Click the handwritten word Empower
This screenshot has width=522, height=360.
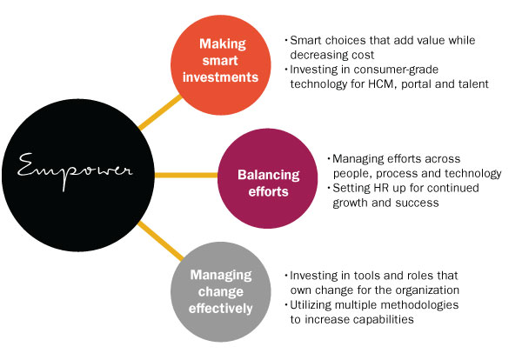[75, 171]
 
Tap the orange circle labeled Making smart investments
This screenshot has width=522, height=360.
[221, 65]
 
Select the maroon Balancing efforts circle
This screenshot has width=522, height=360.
[268, 178]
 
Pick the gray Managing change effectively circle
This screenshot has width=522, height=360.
[221, 291]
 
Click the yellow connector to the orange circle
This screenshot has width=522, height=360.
[160, 112]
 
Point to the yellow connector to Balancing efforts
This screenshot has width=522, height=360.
[186, 175]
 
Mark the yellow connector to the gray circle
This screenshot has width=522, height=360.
[160, 241]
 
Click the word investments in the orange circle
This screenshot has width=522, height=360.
[220, 77]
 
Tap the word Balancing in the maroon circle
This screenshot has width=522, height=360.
[268, 176]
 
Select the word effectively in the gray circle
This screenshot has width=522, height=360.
[220, 308]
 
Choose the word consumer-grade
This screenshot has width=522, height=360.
[396, 70]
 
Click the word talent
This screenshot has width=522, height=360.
[473, 83]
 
